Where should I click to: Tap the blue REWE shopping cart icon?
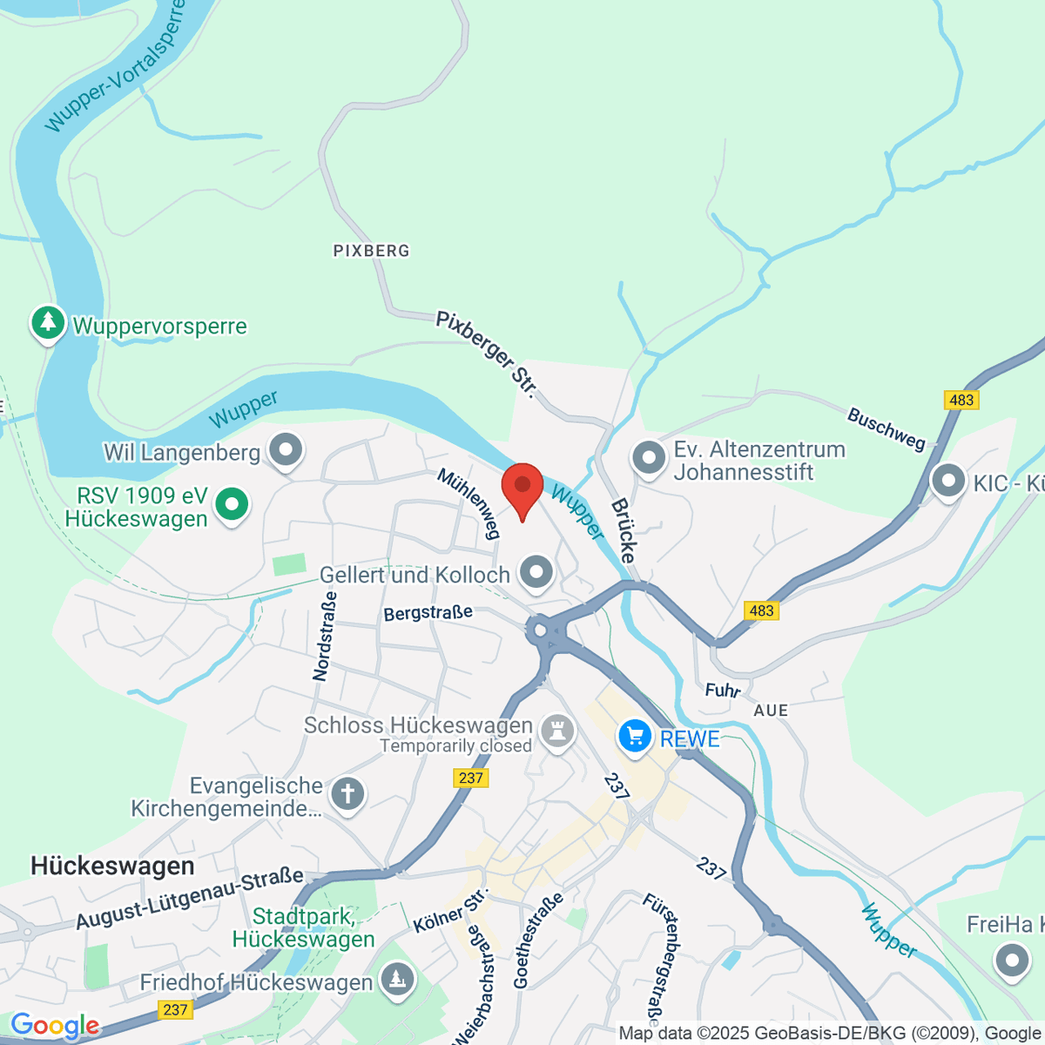click(x=635, y=737)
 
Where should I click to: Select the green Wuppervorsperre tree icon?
click(x=48, y=324)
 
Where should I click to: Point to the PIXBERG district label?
click(x=371, y=251)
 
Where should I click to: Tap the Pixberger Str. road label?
click(x=486, y=354)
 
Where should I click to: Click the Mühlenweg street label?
click(x=469, y=502)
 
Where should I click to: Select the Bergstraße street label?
click(x=428, y=613)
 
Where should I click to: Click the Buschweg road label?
click(x=887, y=428)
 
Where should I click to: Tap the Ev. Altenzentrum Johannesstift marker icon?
click(x=649, y=458)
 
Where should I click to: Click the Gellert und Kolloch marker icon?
click(x=536, y=573)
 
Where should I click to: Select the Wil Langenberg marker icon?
click(x=285, y=451)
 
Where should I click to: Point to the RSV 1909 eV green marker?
click(x=232, y=504)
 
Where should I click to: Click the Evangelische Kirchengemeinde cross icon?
click(x=347, y=794)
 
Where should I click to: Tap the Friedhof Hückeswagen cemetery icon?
click(x=397, y=980)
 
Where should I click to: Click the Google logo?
click(x=55, y=1026)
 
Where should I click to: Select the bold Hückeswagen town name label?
click(x=112, y=866)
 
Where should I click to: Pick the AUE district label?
click(x=771, y=711)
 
